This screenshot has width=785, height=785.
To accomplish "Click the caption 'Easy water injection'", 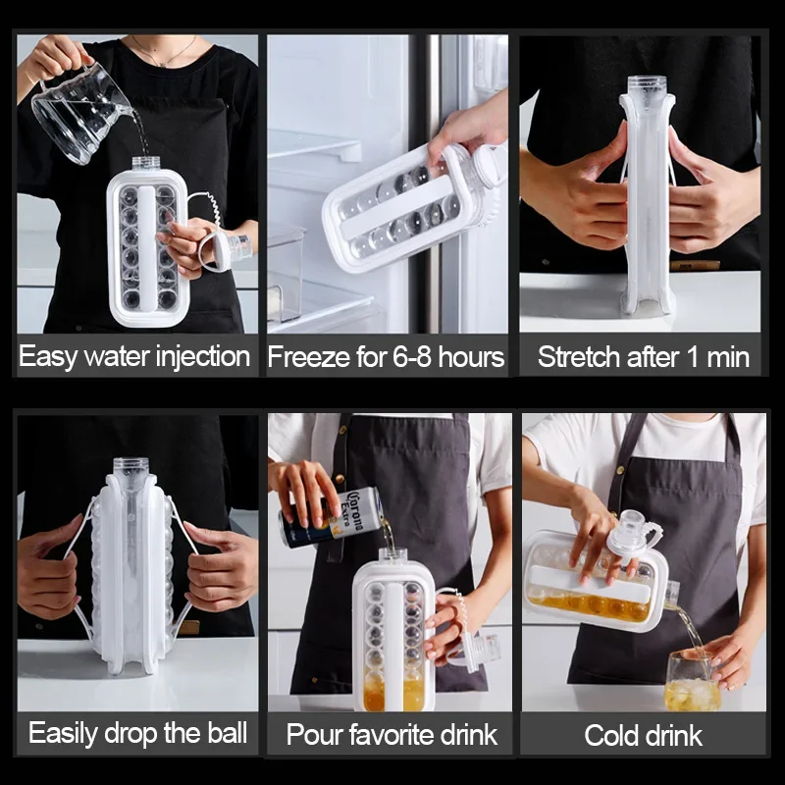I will pyautogui.click(x=134, y=356).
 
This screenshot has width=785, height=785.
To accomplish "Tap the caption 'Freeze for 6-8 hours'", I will pyautogui.click(x=386, y=356).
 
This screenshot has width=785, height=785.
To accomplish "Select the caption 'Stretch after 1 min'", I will pyautogui.click(x=643, y=356).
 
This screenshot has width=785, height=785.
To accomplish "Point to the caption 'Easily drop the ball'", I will pyautogui.click(x=137, y=733).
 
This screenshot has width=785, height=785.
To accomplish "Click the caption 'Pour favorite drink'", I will pyautogui.click(x=392, y=734).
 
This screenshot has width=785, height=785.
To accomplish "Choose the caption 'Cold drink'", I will pyautogui.click(x=643, y=735).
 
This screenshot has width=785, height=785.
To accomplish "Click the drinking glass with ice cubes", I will pyautogui.click(x=692, y=682).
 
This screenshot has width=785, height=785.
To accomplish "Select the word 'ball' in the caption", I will pyautogui.click(x=224, y=733).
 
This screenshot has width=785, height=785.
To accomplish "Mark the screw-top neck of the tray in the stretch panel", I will pyautogui.click(x=647, y=87).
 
